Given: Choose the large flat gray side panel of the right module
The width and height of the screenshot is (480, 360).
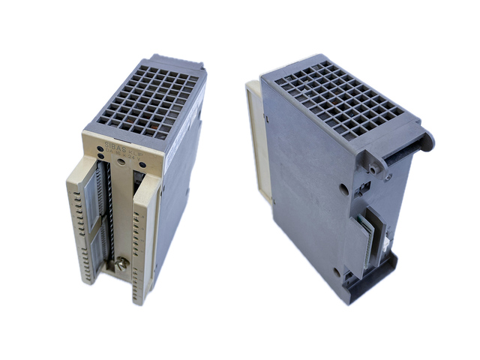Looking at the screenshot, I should pyautogui.click(x=300, y=195).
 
